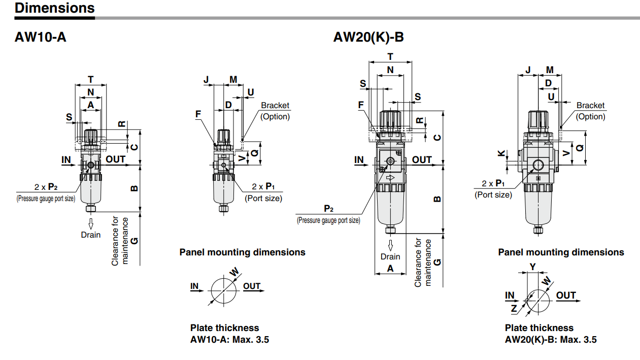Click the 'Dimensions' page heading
click(x=55, y=8)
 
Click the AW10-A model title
click(x=41, y=37)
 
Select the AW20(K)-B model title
click(x=368, y=37)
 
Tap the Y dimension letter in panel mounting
click(x=532, y=267)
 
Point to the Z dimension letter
click(x=514, y=308)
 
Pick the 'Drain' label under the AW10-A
click(x=91, y=235)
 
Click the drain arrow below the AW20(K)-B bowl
click(x=390, y=245)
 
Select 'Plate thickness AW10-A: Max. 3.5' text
click(x=229, y=334)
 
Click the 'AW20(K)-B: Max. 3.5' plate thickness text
click(x=551, y=340)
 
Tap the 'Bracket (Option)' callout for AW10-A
click(x=275, y=111)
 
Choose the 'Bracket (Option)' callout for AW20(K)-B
click(x=590, y=111)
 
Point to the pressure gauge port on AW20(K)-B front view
click(x=390, y=161)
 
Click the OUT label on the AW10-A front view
click(x=116, y=159)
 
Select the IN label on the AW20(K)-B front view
click(x=359, y=160)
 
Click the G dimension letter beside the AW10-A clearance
click(x=134, y=240)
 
